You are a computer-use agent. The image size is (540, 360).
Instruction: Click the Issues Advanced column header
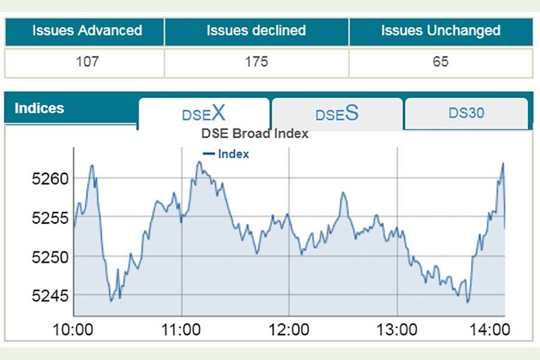(x=87, y=31)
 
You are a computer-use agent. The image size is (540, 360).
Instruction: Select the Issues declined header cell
(x=256, y=31)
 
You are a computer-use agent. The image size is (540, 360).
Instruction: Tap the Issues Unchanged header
(x=440, y=31)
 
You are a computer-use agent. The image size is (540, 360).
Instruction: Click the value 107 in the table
(x=87, y=61)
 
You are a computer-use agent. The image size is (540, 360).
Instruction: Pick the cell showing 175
(x=256, y=61)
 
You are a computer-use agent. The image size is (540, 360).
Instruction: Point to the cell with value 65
(x=440, y=61)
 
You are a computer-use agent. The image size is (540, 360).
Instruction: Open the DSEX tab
(x=204, y=113)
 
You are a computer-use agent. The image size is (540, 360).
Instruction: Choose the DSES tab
(x=337, y=113)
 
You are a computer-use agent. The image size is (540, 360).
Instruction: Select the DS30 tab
(x=466, y=113)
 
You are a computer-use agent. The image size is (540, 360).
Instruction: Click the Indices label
(x=39, y=109)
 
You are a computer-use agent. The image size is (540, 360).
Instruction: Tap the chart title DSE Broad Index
(x=254, y=134)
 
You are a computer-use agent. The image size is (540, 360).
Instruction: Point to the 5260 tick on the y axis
(x=50, y=179)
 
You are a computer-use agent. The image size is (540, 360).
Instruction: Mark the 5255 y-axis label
(x=50, y=218)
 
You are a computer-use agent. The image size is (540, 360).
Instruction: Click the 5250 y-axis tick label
(x=50, y=257)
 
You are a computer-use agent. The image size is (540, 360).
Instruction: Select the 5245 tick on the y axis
(x=50, y=296)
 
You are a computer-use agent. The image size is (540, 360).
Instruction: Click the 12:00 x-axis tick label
(x=289, y=329)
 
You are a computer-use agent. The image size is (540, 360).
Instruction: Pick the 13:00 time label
(x=397, y=329)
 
